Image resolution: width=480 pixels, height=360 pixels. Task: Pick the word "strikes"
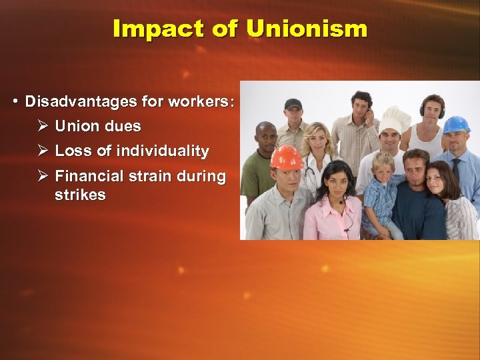click(x=80, y=195)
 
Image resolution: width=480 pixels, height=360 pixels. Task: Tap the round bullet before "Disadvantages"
click(x=15, y=102)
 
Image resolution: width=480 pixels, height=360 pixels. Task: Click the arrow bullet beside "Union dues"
click(x=42, y=126)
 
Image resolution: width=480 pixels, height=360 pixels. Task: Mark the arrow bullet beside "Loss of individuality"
click(x=42, y=151)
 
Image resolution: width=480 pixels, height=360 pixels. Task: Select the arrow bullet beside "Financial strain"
click(x=42, y=177)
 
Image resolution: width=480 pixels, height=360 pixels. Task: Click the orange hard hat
click(x=287, y=157)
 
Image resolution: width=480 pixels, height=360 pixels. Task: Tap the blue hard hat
click(x=456, y=125)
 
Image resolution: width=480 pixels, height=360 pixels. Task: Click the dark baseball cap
click(x=293, y=104)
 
